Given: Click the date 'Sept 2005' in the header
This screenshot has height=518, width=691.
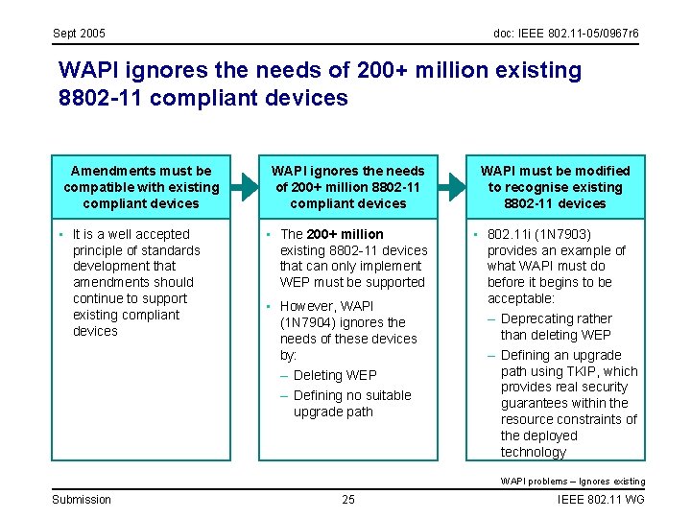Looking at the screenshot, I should [79, 34].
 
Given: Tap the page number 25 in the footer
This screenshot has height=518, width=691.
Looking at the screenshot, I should [347, 499].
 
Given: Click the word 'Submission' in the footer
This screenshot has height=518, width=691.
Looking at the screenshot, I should [82, 499].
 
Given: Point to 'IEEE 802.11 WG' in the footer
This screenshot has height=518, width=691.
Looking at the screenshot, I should [601, 499].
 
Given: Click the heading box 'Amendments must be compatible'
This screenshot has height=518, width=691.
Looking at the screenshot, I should [141, 187].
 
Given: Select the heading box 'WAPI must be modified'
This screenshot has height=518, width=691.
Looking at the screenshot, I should [555, 187].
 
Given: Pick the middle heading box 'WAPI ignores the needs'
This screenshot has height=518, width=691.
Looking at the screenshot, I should [347, 187].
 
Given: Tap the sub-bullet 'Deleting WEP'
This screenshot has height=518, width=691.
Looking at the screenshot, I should [335, 375].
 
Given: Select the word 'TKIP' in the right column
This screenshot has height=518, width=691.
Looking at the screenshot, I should [581, 371].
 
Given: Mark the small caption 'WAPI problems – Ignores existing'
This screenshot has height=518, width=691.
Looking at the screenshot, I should [572, 481].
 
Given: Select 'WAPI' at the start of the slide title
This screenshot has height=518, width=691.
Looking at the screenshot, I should [89, 70].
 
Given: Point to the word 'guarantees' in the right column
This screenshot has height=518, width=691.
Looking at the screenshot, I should [535, 404].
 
